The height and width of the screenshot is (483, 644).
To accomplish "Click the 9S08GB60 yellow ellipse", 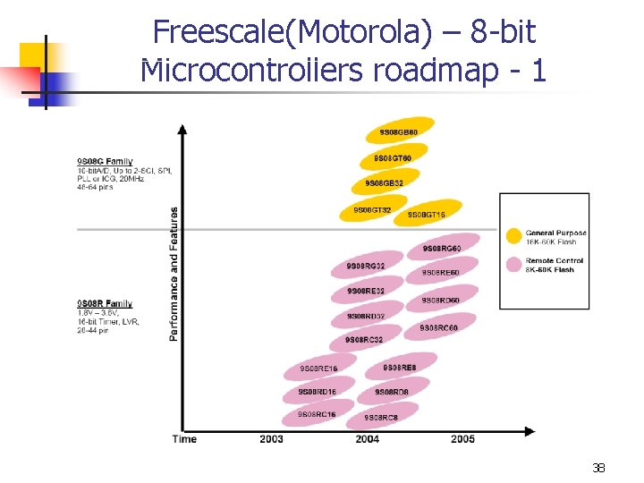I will [x=399, y=132].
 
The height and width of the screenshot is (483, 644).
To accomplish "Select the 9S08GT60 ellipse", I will [x=394, y=158].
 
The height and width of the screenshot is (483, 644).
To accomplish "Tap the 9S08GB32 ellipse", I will [x=385, y=184].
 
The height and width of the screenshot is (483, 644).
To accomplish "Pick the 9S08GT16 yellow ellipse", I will [x=428, y=215].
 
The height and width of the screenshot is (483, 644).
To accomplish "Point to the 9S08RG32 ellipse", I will [x=367, y=266].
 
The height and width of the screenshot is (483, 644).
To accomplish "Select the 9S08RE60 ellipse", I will [x=440, y=273].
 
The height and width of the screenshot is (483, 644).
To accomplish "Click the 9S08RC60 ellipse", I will [x=438, y=327].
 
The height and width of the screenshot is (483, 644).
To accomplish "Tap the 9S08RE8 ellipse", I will [x=399, y=368].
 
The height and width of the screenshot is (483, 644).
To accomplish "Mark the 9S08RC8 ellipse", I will [x=381, y=418].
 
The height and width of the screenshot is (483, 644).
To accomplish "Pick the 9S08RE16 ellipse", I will [x=318, y=369].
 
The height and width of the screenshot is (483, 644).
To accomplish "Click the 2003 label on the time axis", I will [x=271, y=439].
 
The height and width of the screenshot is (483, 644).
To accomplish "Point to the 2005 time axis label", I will [x=462, y=439].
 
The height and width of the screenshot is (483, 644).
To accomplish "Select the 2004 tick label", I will [x=367, y=439].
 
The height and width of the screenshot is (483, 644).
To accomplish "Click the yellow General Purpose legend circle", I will [x=513, y=237].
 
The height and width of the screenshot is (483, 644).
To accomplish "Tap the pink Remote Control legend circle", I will [x=513, y=265].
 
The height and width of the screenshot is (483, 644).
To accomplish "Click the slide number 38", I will [x=598, y=467].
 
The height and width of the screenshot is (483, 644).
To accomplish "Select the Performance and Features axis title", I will [x=174, y=274].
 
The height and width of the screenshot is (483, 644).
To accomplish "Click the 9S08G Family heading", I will [x=105, y=162].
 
